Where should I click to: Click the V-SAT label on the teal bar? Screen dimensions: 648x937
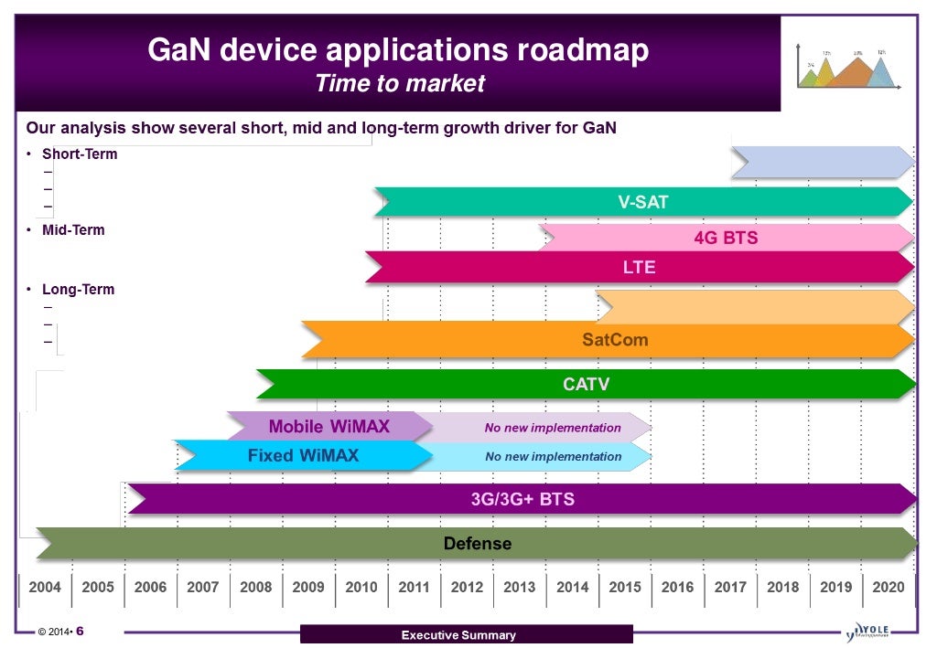coord(643,202)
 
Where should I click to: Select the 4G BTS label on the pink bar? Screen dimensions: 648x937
coord(726,239)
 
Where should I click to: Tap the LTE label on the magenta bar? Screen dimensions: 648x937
coord(639,268)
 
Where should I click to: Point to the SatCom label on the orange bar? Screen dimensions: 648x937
coord(615,340)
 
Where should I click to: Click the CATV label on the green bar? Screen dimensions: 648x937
coord(586,385)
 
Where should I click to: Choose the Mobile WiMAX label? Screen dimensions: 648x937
coord(328,427)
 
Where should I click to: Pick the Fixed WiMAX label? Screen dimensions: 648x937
coord(303,455)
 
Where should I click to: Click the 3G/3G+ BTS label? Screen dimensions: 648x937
coord(522,499)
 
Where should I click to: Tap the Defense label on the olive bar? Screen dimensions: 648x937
coord(477,544)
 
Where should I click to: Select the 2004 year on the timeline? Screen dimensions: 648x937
coord(45,587)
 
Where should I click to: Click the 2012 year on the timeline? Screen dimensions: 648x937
coord(467,587)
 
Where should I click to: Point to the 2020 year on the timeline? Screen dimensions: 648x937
coord(888,587)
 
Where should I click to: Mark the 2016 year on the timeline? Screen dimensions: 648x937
coord(677,587)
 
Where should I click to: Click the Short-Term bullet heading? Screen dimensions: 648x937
coord(80,154)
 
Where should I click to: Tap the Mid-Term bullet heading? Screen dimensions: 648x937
coord(73,230)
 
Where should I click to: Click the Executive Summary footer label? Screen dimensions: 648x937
coord(458,635)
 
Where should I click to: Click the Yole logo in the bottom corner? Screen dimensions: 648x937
coord(869,632)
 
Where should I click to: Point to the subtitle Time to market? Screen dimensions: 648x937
coord(399,84)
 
